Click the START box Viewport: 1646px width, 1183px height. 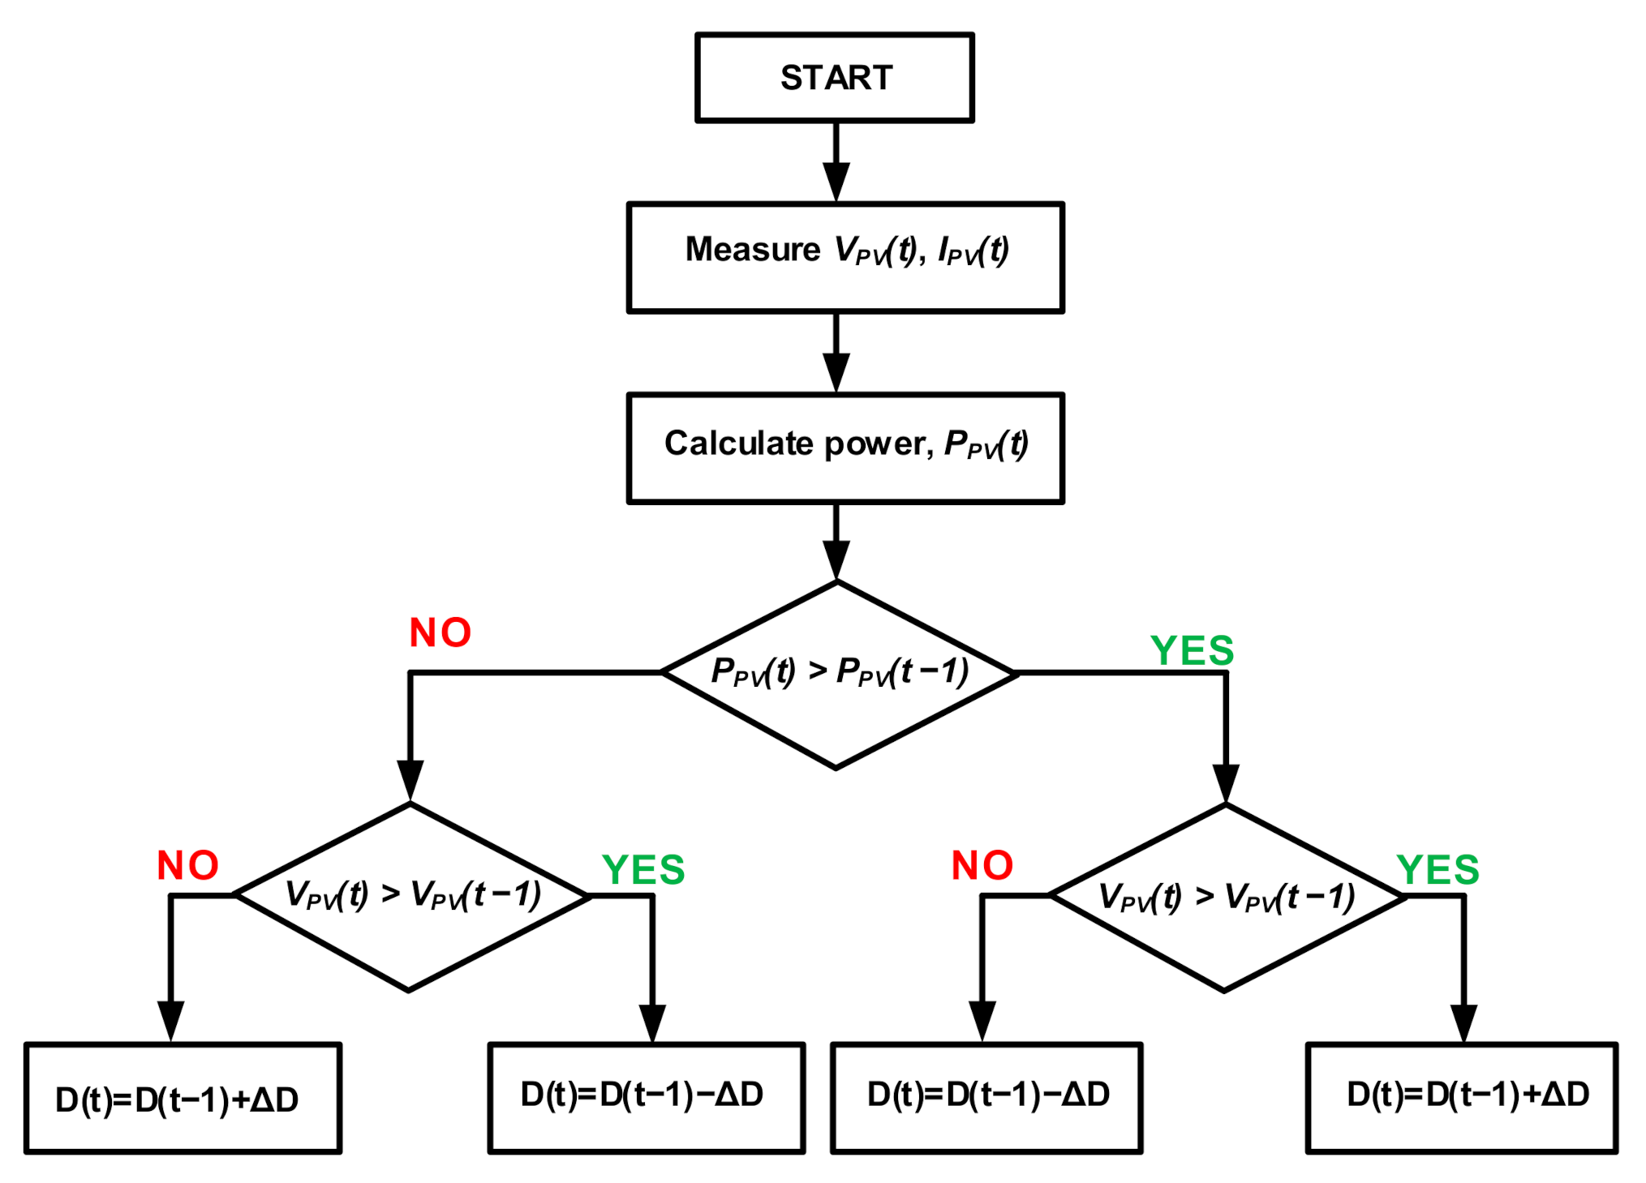click(x=834, y=78)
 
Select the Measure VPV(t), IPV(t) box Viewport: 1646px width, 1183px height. click(x=844, y=257)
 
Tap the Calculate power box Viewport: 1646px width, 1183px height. click(x=844, y=448)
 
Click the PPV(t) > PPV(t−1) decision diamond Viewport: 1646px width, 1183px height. click(x=838, y=674)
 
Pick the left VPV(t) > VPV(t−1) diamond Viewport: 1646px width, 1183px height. click(x=411, y=896)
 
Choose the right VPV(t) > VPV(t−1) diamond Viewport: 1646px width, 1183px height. click(x=1225, y=896)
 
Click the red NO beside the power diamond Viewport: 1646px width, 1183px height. click(x=440, y=633)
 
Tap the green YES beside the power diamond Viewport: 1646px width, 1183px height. click(x=1192, y=651)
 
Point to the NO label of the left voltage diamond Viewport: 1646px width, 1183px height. click(x=187, y=866)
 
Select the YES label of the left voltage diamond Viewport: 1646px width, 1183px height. click(x=643, y=870)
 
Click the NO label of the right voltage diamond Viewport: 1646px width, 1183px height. click(x=982, y=866)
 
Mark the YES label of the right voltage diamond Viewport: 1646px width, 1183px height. click(x=1438, y=870)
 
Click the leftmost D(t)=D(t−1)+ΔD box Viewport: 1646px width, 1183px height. click(x=183, y=1098)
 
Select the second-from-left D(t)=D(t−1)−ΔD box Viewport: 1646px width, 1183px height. click(x=646, y=1097)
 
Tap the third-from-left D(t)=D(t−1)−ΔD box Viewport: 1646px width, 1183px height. click(x=986, y=1097)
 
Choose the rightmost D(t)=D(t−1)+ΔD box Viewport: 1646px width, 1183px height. click(x=1461, y=1097)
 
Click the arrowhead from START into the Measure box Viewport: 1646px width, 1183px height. click(x=836, y=181)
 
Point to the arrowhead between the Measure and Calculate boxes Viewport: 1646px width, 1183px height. click(x=836, y=372)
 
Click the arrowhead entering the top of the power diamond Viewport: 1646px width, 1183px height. click(x=836, y=559)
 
